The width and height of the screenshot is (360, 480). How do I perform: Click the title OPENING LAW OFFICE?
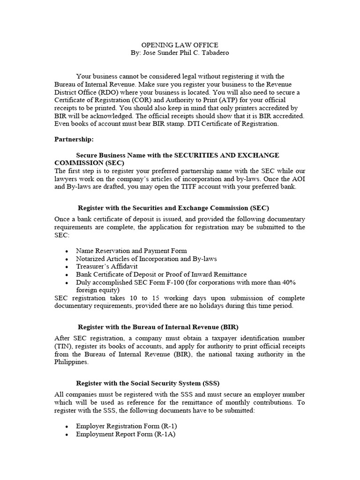point(180,45)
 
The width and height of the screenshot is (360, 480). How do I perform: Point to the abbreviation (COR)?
point(170,101)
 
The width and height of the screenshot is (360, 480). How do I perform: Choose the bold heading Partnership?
point(74,140)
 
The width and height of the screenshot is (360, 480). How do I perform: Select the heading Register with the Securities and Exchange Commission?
point(173,208)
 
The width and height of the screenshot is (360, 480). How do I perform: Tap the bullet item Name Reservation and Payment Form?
point(131,251)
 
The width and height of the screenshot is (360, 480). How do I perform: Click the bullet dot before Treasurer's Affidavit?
point(68,267)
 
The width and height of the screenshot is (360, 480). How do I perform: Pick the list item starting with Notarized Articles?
point(146,259)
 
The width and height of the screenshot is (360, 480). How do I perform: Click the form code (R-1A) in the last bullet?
point(166,434)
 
